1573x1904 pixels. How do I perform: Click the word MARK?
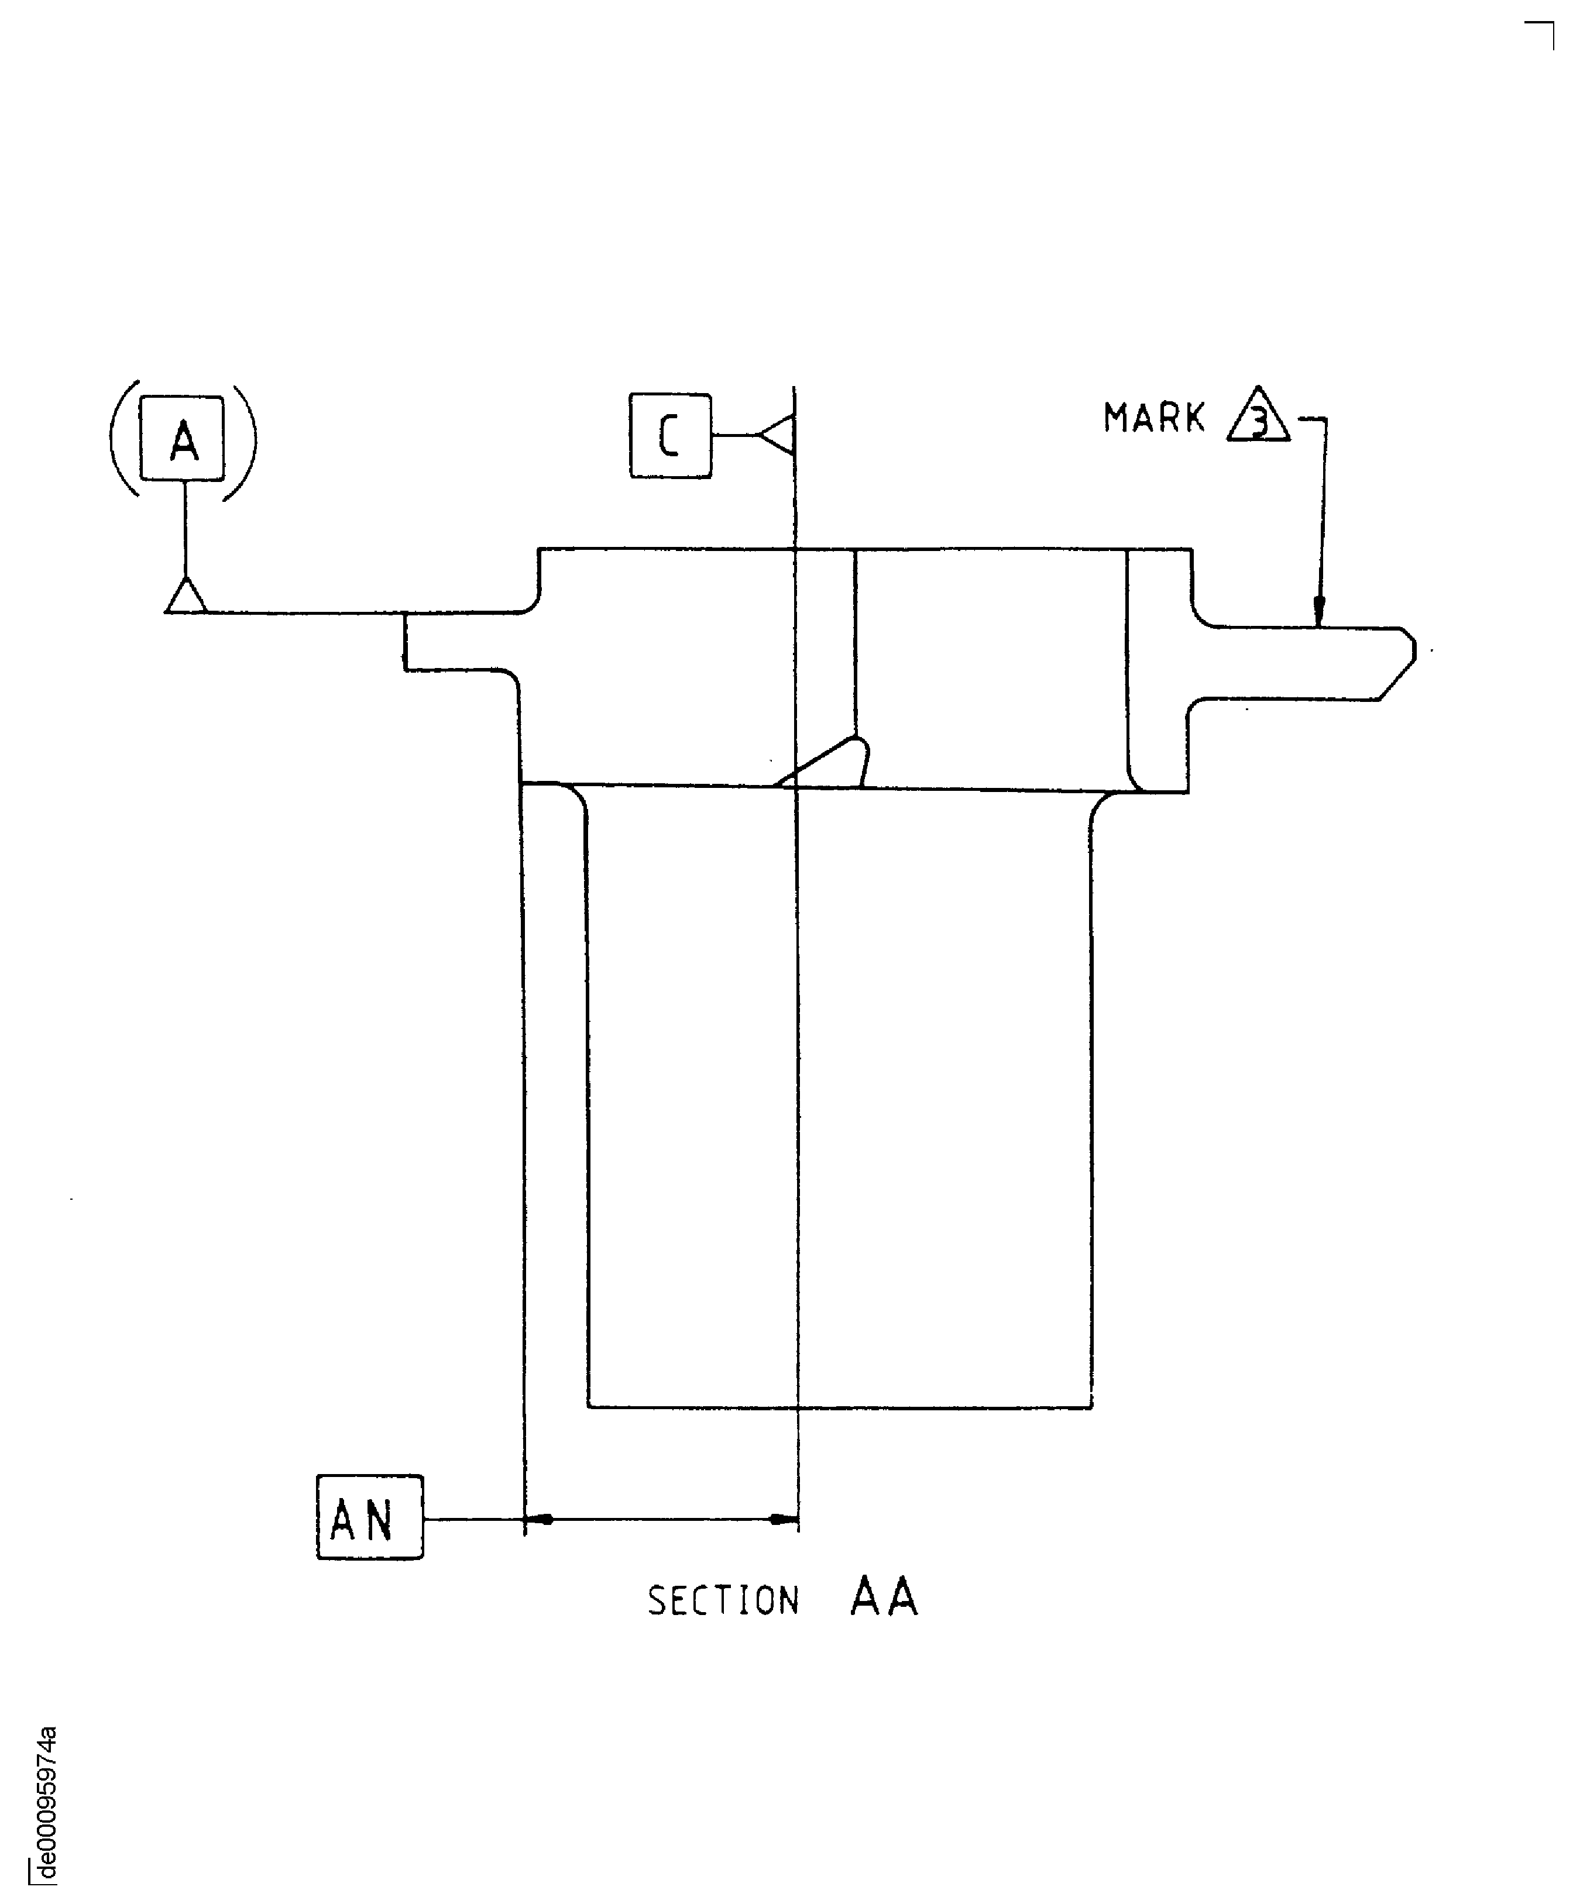(x=1153, y=418)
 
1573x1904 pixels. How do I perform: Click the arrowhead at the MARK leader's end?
(x=1318, y=614)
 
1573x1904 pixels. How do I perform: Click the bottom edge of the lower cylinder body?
(x=839, y=1407)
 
